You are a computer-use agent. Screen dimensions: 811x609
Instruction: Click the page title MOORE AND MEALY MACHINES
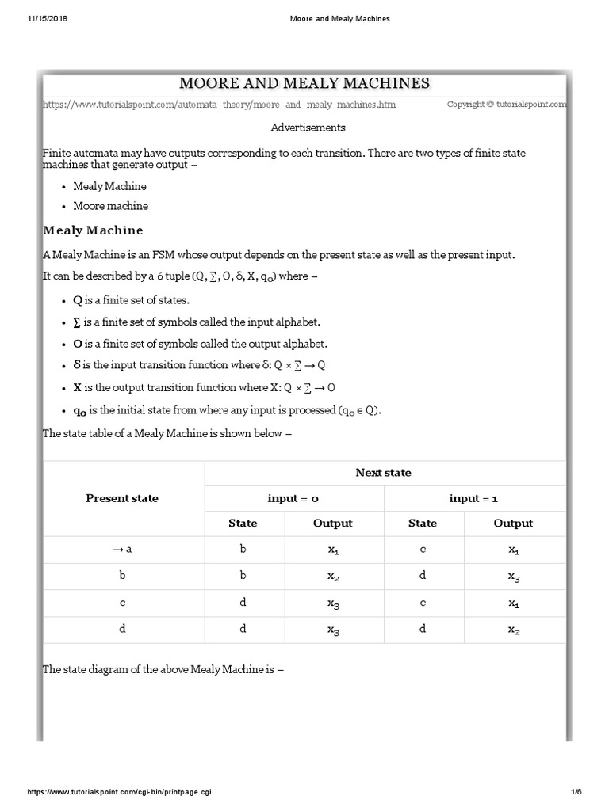pos(304,83)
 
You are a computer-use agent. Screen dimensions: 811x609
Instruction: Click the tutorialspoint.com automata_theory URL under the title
pos(219,105)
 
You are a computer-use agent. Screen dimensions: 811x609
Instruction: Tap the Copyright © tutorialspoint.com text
pos(507,105)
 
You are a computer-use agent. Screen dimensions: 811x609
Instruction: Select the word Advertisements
pos(308,127)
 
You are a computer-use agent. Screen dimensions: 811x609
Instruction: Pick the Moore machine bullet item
pos(110,206)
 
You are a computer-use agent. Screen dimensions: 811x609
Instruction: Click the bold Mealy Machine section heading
pos(93,230)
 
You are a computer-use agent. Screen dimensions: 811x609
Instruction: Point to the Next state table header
pos(384,473)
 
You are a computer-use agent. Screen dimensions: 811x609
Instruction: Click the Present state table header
pos(122,498)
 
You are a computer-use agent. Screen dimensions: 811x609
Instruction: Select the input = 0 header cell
pos(293,498)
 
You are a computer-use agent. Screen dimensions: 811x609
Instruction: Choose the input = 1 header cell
pos(473,498)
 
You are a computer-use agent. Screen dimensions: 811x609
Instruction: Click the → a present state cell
pos(122,549)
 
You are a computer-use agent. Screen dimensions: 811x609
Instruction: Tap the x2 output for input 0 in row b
pos(333,577)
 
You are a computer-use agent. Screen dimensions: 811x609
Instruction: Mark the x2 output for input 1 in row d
pos(514,630)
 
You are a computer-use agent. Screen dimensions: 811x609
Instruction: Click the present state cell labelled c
pos(122,603)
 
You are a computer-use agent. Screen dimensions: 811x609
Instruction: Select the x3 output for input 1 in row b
pos(514,577)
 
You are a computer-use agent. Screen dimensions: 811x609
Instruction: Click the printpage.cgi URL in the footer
pos(120,792)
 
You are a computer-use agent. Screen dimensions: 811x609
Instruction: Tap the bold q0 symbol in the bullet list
pos(80,410)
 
